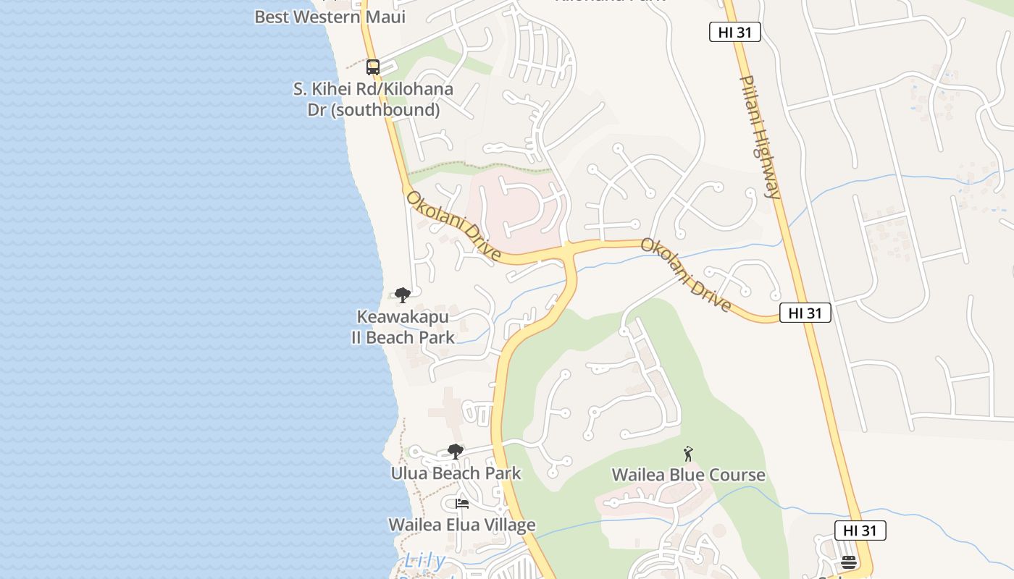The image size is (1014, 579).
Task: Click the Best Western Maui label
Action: [x=330, y=17]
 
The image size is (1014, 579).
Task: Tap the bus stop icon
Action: [x=373, y=67]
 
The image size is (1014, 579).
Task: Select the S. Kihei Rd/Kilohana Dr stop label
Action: [x=373, y=100]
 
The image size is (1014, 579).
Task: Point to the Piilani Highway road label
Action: [x=760, y=136]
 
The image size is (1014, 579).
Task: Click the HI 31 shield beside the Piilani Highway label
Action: [x=734, y=32]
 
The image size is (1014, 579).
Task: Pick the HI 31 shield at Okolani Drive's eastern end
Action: [x=805, y=313]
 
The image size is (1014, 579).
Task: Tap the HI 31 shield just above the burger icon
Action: [x=860, y=531]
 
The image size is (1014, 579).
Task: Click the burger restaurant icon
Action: [x=849, y=562]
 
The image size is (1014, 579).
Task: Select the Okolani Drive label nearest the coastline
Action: [x=453, y=226]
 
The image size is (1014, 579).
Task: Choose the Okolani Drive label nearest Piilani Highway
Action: [x=686, y=276]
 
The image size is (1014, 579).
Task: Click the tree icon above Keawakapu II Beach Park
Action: [x=403, y=295]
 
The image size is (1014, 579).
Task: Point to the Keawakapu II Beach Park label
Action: [x=403, y=327]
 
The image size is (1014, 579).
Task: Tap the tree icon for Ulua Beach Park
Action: [x=455, y=452]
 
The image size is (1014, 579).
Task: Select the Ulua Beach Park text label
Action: [x=456, y=474]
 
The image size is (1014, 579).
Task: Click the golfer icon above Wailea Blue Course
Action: [x=688, y=454]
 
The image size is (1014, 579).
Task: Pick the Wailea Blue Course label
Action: [x=688, y=475]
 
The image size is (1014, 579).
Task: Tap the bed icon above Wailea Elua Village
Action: [x=461, y=504]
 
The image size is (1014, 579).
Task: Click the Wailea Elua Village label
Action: [x=461, y=525]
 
